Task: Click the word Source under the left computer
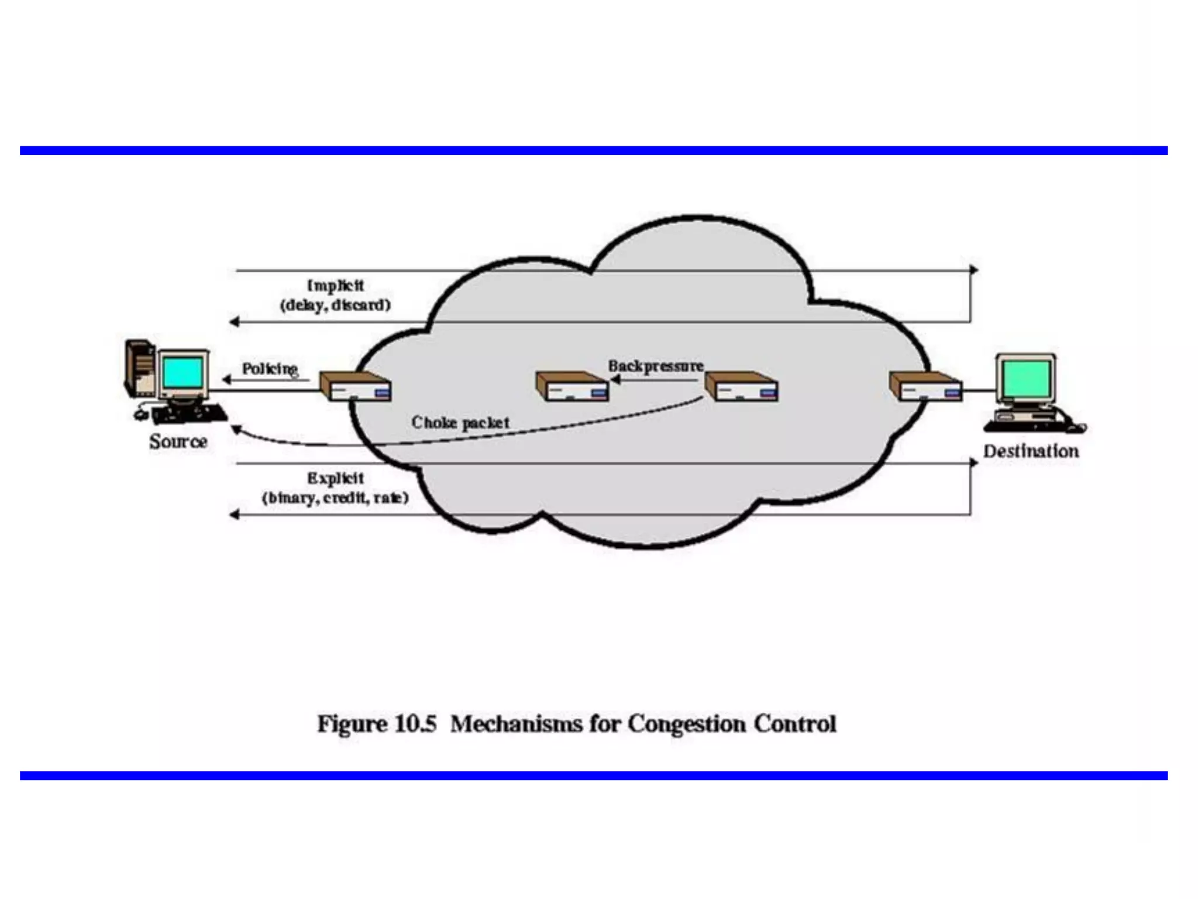178,441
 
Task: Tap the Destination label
1031,451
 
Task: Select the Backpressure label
656,366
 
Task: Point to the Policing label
270,369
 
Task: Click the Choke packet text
460,422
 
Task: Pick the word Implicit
336,286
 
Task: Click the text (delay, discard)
335,305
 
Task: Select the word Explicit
336,478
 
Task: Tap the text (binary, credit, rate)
335,498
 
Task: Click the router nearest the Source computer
356,387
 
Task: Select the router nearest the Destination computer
925,387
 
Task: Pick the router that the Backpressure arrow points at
572,387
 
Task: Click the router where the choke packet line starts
741,387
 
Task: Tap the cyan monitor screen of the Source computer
183,372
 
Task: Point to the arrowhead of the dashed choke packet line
236,430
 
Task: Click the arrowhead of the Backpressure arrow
615,380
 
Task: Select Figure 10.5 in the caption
377,724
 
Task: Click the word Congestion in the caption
687,724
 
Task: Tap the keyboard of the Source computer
190,414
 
